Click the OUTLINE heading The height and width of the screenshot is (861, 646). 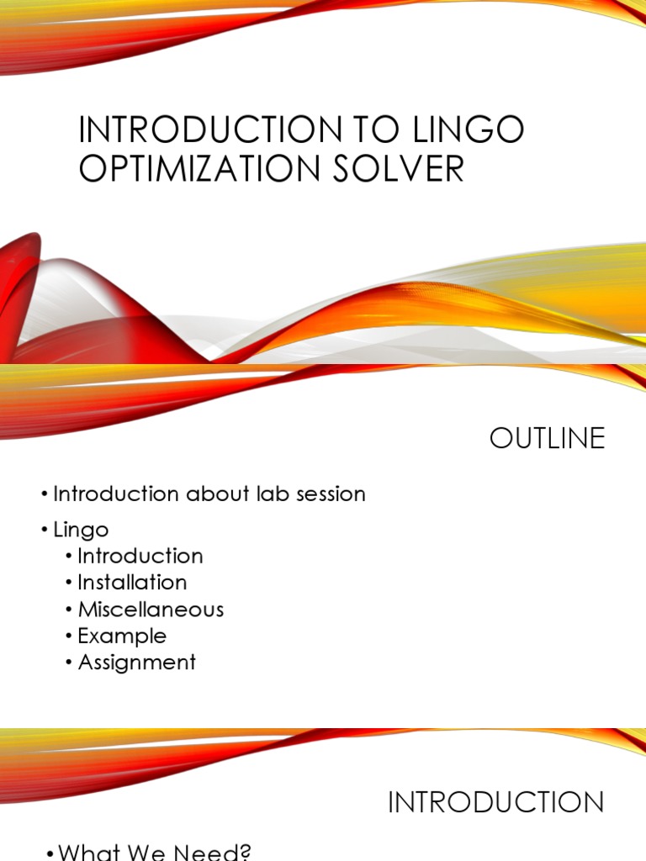pyautogui.click(x=547, y=439)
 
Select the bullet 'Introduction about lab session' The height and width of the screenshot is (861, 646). pyautogui.click(x=209, y=494)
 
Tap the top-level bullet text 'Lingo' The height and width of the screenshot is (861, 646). pyautogui.click(x=81, y=530)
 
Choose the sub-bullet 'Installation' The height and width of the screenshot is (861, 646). pyautogui.click(x=132, y=582)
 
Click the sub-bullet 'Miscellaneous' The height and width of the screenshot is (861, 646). pyautogui.click(x=151, y=609)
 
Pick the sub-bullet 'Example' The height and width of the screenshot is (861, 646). pyautogui.click(x=122, y=636)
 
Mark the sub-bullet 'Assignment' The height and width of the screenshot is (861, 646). pyautogui.click(x=136, y=662)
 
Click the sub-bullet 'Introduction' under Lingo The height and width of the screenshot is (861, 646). pyautogui.click(x=140, y=556)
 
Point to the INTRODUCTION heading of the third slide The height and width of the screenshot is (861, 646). pyautogui.click(x=495, y=802)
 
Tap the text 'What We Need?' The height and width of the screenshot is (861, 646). pyautogui.click(x=155, y=853)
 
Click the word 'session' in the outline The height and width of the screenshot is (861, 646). pyautogui.click(x=330, y=494)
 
